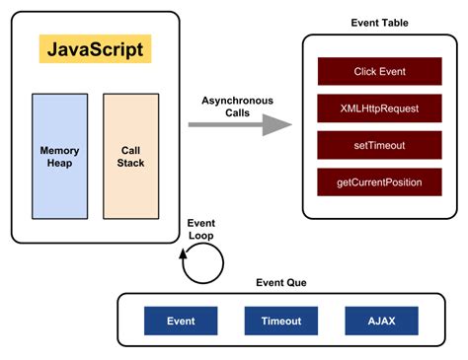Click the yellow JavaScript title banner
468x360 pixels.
tap(96, 49)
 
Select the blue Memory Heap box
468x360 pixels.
tap(59, 156)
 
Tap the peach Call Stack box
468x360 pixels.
tap(130, 156)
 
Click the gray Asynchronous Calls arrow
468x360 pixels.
tap(241, 124)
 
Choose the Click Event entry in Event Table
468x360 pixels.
tap(379, 72)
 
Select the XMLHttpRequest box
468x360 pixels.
tap(379, 108)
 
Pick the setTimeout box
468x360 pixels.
tap(379, 145)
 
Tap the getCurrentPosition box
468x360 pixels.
tap(379, 181)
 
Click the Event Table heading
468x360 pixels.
tap(379, 23)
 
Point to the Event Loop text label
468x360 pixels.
tap(201, 229)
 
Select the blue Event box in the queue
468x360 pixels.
tap(181, 321)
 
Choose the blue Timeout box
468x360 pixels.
tap(281, 321)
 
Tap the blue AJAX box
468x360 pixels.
tap(381, 321)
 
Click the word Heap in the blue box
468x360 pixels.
tap(59, 163)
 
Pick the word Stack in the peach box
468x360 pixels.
tap(130, 163)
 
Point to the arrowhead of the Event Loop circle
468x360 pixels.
tap(184, 254)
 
